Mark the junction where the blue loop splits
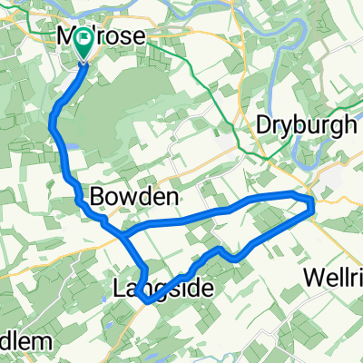pos(122,234)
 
